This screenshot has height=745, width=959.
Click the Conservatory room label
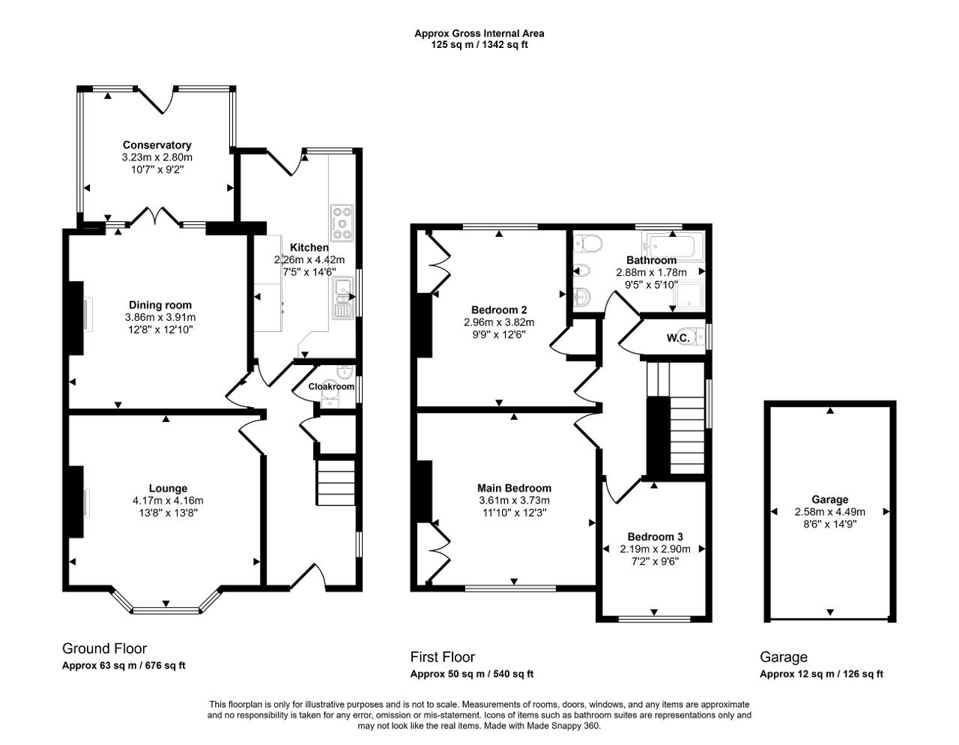[x=157, y=145]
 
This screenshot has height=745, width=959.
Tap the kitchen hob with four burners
[x=342, y=223]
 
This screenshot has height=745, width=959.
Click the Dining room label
[x=160, y=305]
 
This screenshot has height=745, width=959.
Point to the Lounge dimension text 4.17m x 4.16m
[x=168, y=501]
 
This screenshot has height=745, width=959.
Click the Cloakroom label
[x=331, y=387]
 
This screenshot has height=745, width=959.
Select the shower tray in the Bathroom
[x=688, y=295]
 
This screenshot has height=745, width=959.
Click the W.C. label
[x=678, y=339]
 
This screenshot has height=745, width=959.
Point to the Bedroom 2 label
[x=499, y=310]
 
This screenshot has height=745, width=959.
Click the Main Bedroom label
[x=515, y=488]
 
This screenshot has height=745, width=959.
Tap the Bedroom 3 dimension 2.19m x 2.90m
[x=656, y=549]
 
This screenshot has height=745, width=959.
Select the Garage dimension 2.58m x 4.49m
[x=830, y=512]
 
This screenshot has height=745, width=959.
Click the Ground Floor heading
[x=105, y=648]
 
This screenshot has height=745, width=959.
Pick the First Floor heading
[x=443, y=657]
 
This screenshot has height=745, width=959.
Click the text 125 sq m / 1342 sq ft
[x=479, y=44]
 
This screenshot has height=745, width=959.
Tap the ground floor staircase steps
[x=336, y=483]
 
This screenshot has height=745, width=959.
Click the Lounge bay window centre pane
[x=166, y=611]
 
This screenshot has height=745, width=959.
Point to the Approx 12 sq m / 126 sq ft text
[x=822, y=674]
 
